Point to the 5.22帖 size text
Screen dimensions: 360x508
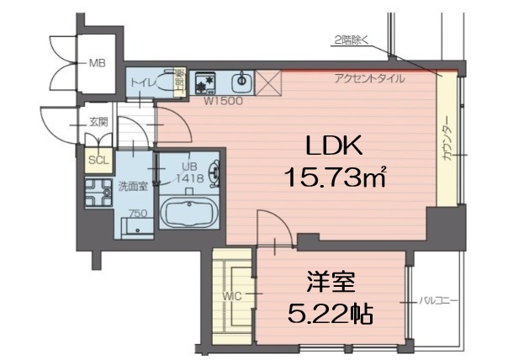click(329, 314)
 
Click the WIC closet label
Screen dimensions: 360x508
click(233, 296)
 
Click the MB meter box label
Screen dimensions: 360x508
click(98, 63)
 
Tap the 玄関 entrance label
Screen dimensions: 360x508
click(98, 122)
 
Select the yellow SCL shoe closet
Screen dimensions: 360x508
click(98, 158)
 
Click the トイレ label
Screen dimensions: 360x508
click(140, 82)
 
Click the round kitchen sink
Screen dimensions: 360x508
click(241, 83)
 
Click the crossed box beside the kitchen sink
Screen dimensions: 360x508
click(268, 83)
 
